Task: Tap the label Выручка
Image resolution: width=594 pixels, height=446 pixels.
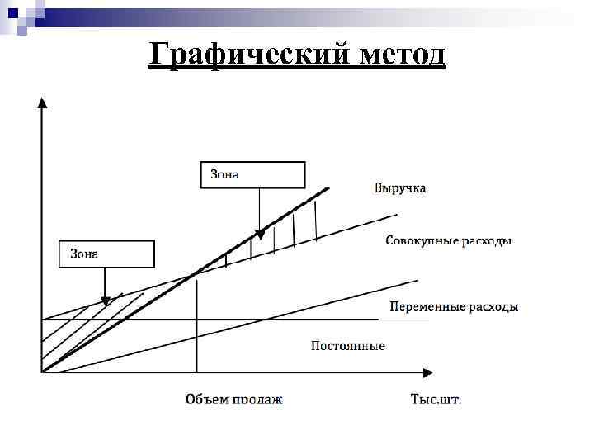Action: pos(400,189)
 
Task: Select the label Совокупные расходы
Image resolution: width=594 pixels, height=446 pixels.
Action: pos(449,241)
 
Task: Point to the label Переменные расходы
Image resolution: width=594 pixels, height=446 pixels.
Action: pos(454,306)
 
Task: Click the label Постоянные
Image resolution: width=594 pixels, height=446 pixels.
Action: pos(347,345)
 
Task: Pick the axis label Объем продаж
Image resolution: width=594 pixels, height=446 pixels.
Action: pos(233,399)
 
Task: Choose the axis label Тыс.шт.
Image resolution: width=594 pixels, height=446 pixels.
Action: pos(436,399)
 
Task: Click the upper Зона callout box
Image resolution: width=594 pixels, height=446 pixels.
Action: pos(253,175)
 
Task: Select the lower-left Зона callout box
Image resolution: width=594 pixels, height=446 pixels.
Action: pos(106,254)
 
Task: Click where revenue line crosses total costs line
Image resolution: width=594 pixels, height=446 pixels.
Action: pos(196,273)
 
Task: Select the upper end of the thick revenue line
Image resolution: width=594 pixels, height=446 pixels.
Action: pos(328,188)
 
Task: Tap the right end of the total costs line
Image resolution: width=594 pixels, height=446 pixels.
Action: pos(396,216)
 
